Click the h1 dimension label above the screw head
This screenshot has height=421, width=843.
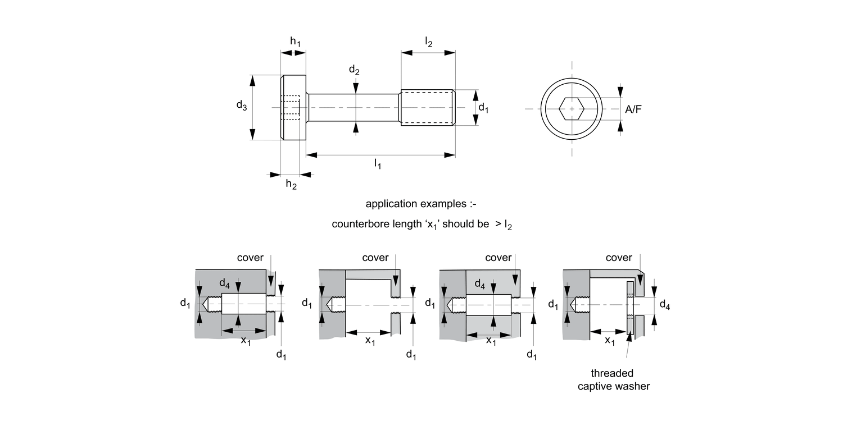295,42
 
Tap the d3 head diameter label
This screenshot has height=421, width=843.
242,105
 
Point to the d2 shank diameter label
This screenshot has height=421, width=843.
354,70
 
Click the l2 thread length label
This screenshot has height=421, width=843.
428,42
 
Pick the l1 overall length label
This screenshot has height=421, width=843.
378,164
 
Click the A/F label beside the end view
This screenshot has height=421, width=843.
633,109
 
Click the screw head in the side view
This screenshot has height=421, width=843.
293,107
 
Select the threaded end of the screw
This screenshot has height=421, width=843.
427,107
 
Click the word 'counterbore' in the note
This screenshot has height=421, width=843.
358,224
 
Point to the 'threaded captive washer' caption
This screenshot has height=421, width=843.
613,380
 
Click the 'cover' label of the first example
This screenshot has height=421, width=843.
250,257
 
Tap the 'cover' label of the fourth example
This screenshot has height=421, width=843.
619,258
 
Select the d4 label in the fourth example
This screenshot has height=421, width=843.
664,305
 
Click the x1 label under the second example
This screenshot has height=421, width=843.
370,341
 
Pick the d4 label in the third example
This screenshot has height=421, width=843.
479,284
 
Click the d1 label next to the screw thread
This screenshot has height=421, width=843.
483,108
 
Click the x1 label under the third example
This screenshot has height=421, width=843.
491,341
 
